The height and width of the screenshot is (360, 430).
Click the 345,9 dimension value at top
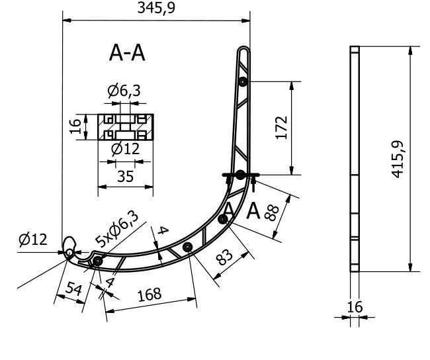click(155, 8)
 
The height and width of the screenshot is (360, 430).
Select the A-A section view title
click(127, 53)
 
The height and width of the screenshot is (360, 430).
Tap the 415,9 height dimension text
click(398, 159)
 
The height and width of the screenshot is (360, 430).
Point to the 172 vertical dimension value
click(281, 128)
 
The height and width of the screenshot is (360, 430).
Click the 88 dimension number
click(271, 213)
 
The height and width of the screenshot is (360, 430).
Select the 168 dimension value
click(150, 294)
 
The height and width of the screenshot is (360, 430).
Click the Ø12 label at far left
click(33, 240)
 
